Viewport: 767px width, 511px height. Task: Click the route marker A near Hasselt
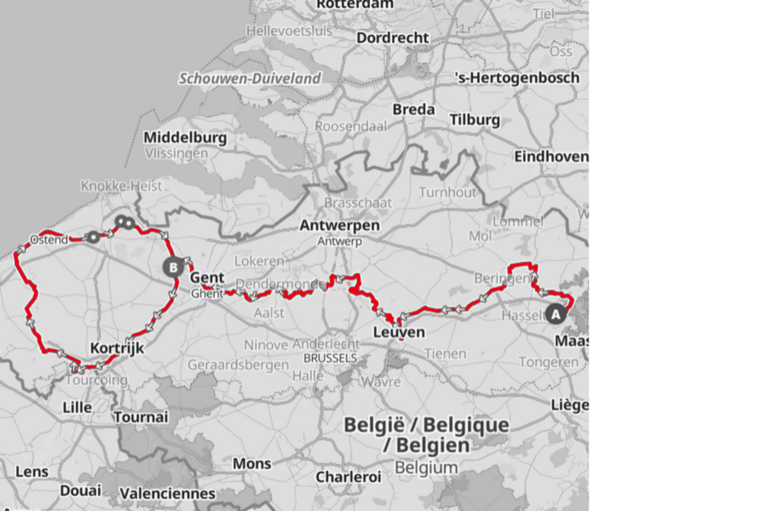click(x=555, y=313)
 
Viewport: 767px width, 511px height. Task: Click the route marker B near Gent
click(x=172, y=268)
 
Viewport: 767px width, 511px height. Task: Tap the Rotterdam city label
click(x=354, y=4)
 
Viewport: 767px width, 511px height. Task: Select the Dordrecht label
click(x=393, y=38)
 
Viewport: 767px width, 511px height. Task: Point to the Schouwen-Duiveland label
click(x=249, y=79)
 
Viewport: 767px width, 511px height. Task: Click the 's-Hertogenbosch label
click(x=517, y=78)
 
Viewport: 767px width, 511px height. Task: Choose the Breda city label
click(x=413, y=109)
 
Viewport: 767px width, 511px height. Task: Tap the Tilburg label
click(x=474, y=120)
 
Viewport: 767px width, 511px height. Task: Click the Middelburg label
click(x=185, y=138)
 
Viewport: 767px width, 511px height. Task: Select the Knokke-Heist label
click(x=121, y=186)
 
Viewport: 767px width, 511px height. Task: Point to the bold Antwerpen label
click(x=339, y=226)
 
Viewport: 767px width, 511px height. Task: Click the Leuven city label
click(x=398, y=332)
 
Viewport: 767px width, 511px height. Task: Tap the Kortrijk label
click(x=117, y=348)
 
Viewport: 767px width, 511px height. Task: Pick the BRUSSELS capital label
click(x=330, y=358)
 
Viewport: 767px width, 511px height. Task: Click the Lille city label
click(x=77, y=407)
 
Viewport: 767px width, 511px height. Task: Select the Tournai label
click(x=141, y=417)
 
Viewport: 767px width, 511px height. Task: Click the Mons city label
click(x=252, y=463)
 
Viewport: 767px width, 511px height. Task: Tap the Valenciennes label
click(x=167, y=493)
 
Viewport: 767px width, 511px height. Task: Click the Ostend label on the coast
click(x=49, y=240)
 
